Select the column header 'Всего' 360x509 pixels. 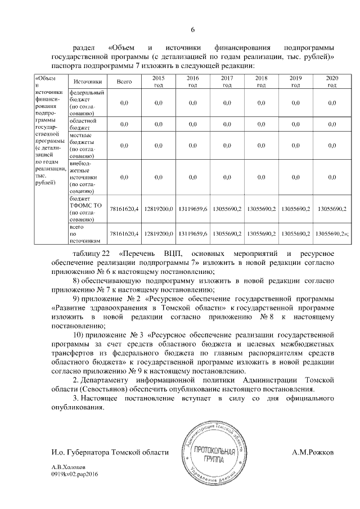click(x=124, y=82)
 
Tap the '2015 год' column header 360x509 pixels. click(x=159, y=81)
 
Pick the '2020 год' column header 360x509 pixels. click(x=332, y=81)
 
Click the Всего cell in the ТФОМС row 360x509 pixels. click(x=124, y=209)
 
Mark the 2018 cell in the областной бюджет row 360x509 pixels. click(x=262, y=124)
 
